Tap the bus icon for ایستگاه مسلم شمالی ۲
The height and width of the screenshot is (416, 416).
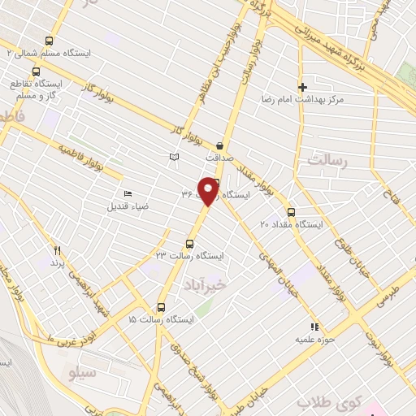click(x=50, y=41)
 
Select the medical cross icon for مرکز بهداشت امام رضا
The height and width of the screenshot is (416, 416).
click(x=302, y=87)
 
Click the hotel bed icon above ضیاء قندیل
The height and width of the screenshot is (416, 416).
click(x=127, y=193)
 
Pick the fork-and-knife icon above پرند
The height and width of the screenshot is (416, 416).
click(x=57, y=250)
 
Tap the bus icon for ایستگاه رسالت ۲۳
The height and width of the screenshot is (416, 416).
click(x=191, y=243)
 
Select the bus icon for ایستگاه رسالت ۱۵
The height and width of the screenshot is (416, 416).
click(x=161, y=308)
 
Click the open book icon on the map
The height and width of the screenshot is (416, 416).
click(x=173, y=158)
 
